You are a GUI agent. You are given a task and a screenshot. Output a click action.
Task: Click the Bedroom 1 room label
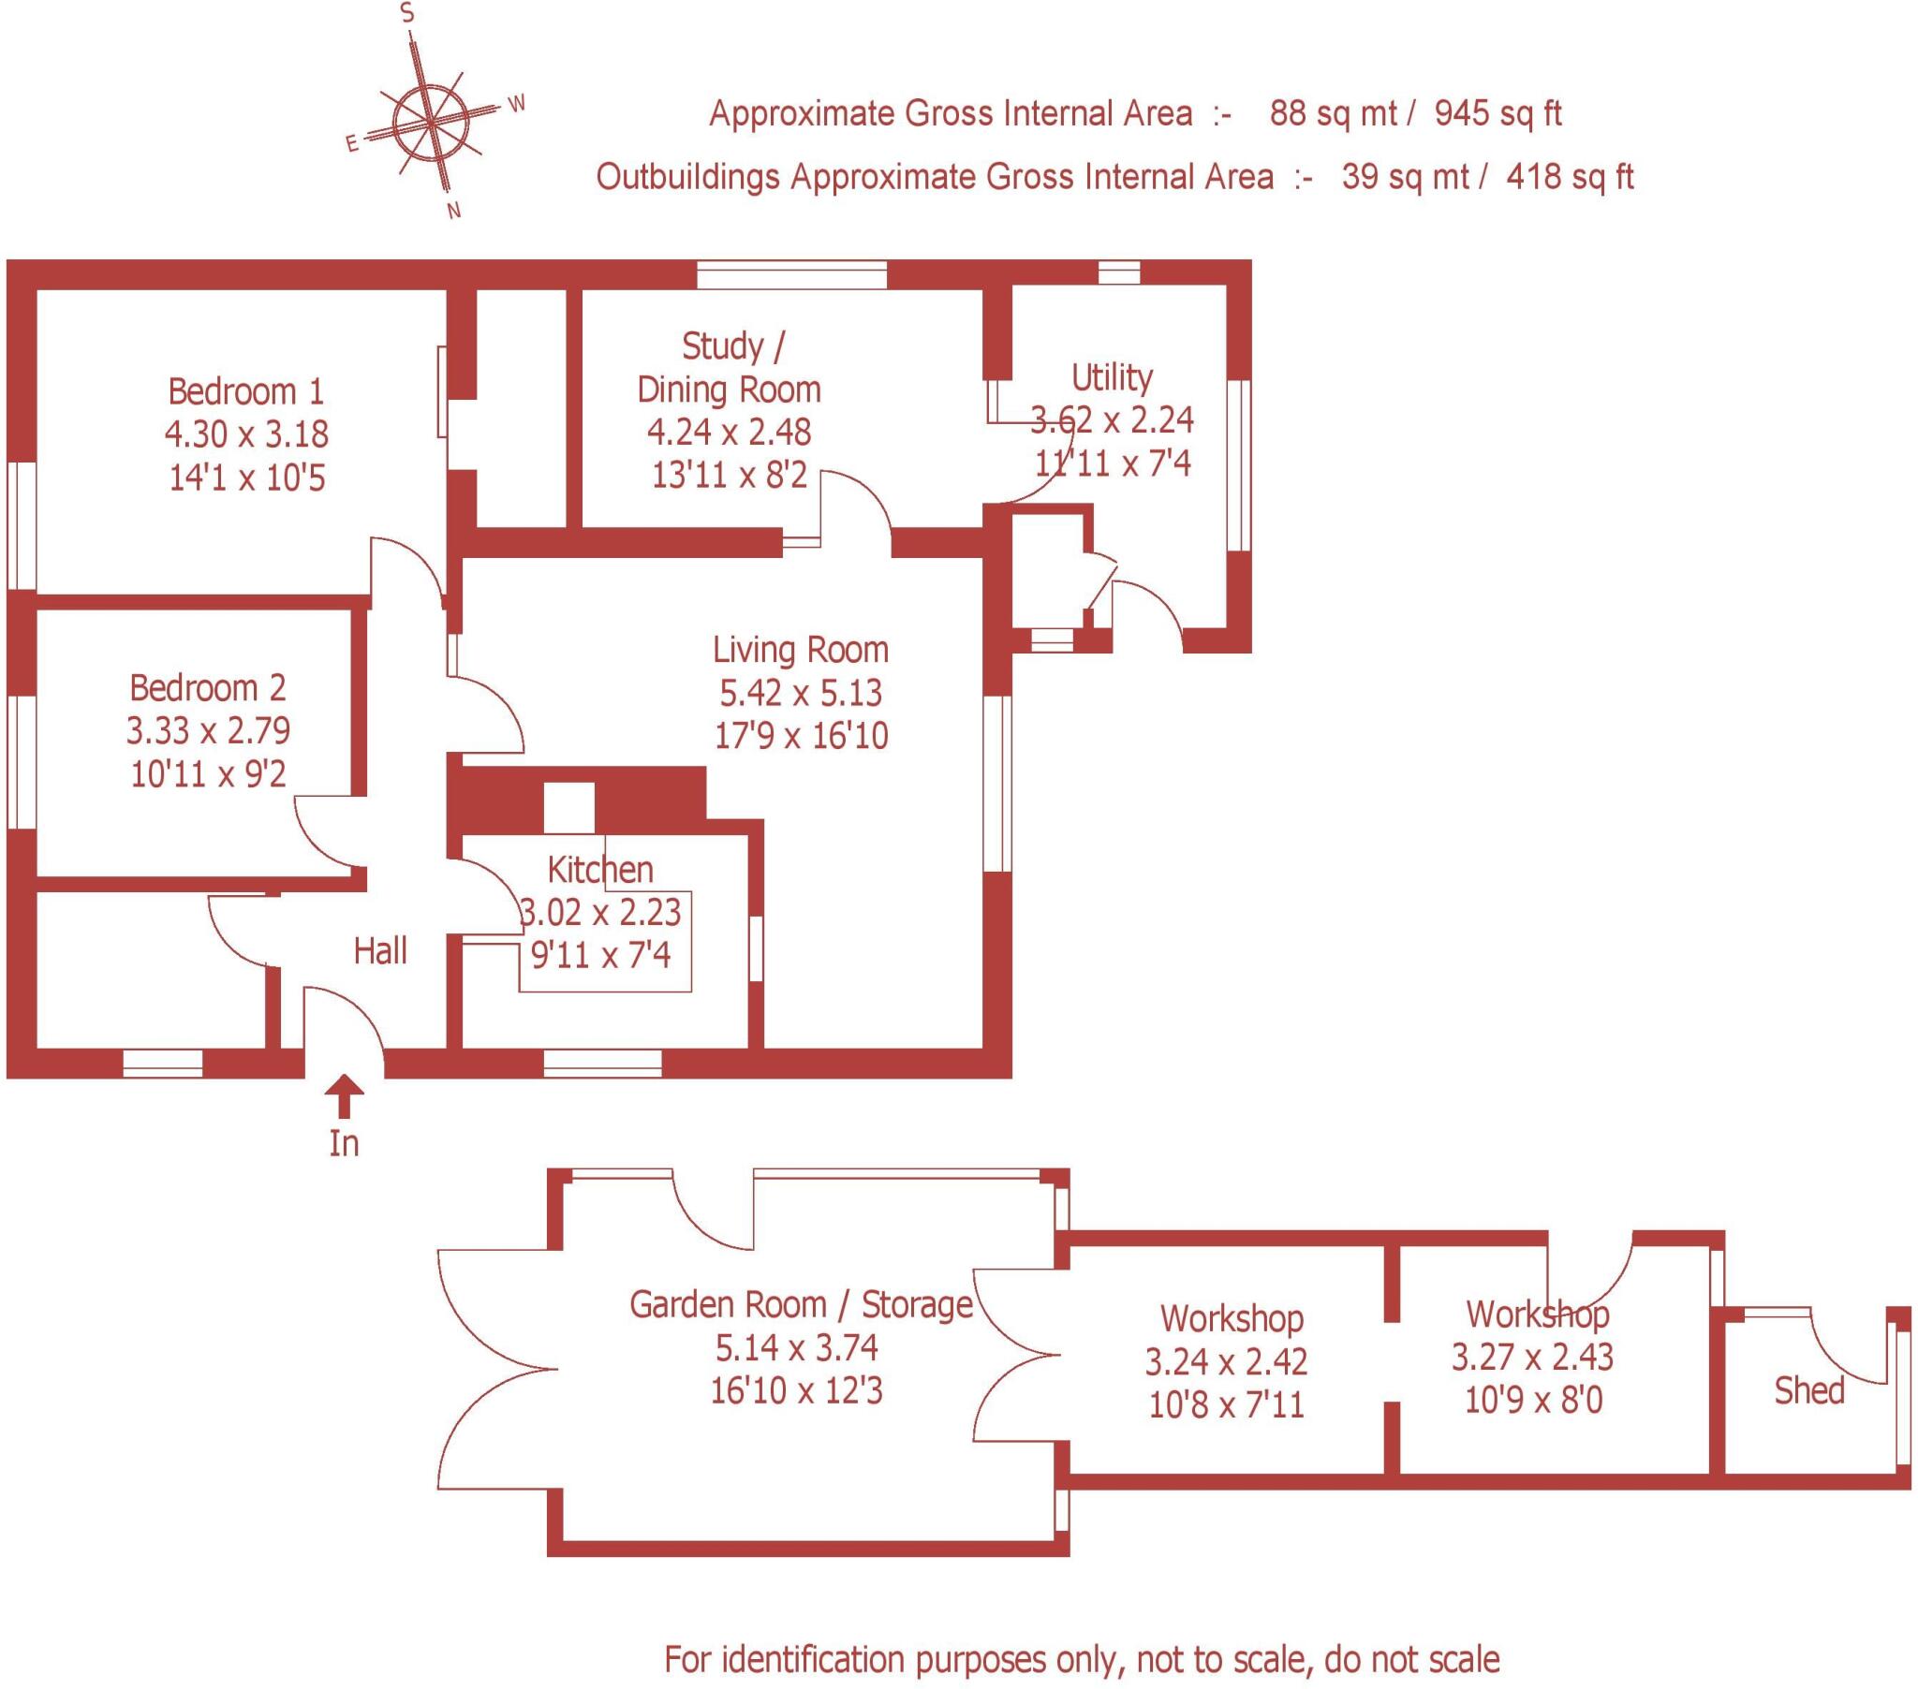pyautogui.click(x=246, y=391)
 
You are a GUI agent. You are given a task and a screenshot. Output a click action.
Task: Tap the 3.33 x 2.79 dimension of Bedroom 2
pyautogui.click(x=208, y=730)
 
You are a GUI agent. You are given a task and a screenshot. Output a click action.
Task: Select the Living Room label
pyautogui.click(x=801, y=650)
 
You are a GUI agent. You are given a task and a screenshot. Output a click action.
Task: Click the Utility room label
pyautogui.click(x=1112, y=377)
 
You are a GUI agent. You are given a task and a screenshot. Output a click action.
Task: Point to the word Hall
pyautogui.click(x=380, y=951)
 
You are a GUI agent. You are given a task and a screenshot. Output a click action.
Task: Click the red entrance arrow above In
pyautogui.click(x=345, y=1094)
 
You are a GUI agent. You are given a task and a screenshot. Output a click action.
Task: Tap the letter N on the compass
pyautogui.click(x=454, y=212)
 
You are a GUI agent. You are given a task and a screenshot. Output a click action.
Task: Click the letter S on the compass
pyautogui.click(x=407, y=13)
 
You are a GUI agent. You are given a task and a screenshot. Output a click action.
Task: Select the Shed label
pyautogui.click(x=1808, y=1390)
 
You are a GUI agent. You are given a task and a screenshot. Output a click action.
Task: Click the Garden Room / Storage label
pyautogui.click(x=801, y=1305)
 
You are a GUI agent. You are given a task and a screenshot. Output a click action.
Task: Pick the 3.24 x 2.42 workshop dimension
pyautogui.click(x=1227, y=1361)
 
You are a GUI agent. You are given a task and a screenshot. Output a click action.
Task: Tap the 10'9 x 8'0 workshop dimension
pyautogui.click(x=1533, y=1401)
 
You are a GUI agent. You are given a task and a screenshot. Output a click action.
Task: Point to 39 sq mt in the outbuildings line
pyautogui.click(x=1405, y=176)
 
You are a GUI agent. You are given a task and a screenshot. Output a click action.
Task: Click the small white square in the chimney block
pyautogui.click(x=569, y=808)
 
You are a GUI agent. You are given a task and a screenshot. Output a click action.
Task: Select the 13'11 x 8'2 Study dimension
pyautogui.click(x=730, y=476)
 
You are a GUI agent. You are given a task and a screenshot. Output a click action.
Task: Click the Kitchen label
pyautogui.click(x=600, y=870)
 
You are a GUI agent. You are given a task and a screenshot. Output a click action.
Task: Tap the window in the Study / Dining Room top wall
pyautogui.click(x=792, y=275)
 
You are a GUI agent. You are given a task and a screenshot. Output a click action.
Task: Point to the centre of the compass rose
pyautogui.click(x=430, y=122)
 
